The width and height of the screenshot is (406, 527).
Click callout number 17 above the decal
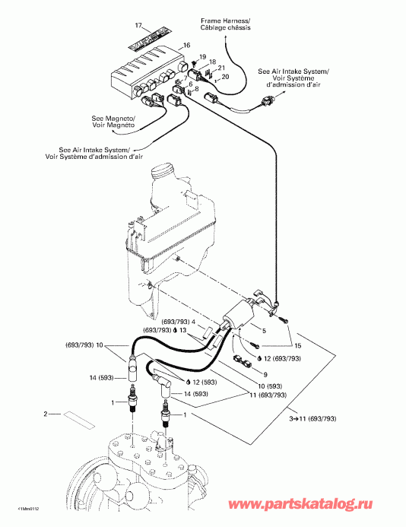(x=138, y=26)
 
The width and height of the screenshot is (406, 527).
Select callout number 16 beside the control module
(x=186, y=47)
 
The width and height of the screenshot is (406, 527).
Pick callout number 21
(x=220, y=69)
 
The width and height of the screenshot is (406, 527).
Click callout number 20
(x=225, y=78)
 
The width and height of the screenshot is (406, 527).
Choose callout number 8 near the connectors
(x=197, y=90)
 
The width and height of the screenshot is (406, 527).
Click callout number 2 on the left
(x=46, y=414)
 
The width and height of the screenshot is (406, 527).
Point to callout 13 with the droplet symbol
(x=205, y=332)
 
